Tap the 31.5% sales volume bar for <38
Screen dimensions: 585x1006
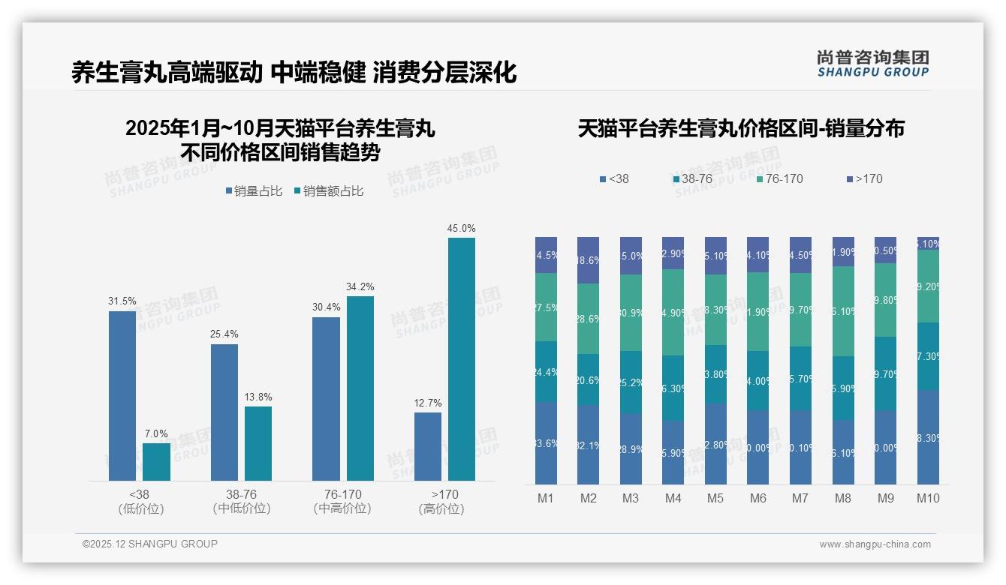122,395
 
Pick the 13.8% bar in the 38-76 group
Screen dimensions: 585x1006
258,443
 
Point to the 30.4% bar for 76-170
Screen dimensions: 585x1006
326,398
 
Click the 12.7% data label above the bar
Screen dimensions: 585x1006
428,403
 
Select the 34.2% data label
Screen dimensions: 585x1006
360,287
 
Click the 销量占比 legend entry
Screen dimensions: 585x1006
254,191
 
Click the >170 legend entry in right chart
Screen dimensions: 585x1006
864,179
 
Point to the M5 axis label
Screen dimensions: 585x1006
715,499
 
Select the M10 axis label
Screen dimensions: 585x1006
928,499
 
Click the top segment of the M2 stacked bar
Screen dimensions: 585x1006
588,260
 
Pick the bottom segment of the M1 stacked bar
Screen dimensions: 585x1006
546,442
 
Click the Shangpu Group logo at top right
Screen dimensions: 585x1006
872,63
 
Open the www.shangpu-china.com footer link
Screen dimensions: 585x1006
875,544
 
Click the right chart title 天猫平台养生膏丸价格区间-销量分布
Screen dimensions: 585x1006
741,128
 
